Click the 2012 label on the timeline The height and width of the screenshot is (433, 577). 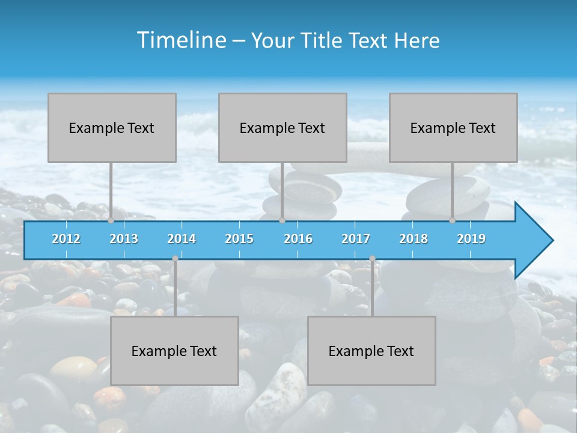[x=66, y=239]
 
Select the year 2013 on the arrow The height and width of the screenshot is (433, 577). [x=124, y=239]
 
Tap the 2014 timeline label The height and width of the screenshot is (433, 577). [x=182, y=239]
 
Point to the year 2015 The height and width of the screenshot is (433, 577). [x=239, y=239]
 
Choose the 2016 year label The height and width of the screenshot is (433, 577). [x=298, y=239]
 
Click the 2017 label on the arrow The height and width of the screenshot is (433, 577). [x=356, y=239]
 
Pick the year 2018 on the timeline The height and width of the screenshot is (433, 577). [x=414, y=239]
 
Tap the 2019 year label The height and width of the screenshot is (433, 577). [x=471, y=239]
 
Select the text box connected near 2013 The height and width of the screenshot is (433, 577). [x=112, y=127]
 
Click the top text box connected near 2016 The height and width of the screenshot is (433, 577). [x=282, y=127]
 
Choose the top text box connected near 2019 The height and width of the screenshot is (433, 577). [x=453, y=127]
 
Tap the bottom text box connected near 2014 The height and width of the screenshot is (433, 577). [x=174, y=351]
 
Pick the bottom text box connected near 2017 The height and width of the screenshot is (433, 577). [x=371, y=351]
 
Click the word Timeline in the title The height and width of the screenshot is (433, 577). [x=181, y=40]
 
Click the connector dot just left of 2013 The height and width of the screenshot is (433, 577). [x=111, y=220]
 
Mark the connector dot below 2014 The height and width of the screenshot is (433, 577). [x=175, y=259]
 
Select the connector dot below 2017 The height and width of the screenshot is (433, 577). [x=372, y=259]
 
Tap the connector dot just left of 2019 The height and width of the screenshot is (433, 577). [x=453, y=220]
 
